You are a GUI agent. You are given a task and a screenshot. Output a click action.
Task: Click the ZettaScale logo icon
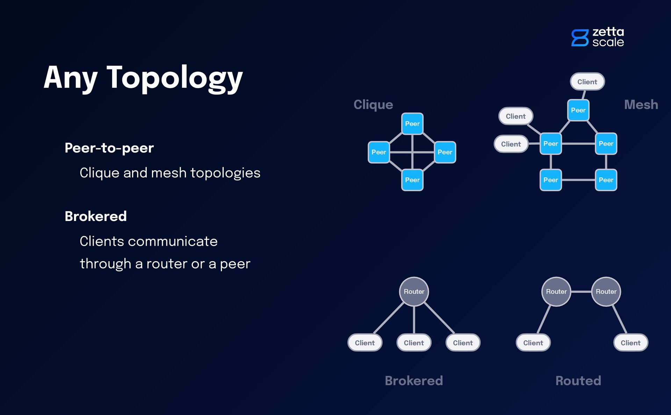(580, 38)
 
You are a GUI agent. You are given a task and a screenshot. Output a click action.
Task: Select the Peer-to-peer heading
(109, 148)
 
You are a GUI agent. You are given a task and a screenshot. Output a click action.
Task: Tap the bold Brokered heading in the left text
(95, 216)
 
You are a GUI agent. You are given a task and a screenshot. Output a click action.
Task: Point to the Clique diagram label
(373, 105)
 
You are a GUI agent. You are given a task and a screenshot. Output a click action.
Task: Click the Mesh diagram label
(641, 105)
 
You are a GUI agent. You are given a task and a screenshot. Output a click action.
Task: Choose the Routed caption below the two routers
(578, 380)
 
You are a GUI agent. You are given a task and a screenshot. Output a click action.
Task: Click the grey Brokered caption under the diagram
(414, 380)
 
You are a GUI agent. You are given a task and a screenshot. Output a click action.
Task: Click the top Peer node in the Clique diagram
(412, 124)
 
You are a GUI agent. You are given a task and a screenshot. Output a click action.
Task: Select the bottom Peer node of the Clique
(412, 180)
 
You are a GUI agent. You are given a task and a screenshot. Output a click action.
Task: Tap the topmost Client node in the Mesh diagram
(587, 82)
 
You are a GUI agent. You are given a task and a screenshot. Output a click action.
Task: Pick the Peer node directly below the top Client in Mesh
(578, 110)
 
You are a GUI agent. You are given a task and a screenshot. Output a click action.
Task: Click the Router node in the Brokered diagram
(414, 292)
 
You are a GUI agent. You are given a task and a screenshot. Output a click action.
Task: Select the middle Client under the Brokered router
(414, 343)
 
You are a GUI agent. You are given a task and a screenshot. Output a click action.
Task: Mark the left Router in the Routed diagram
(556, 292)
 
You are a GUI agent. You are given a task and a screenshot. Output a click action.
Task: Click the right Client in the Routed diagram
(630, 343)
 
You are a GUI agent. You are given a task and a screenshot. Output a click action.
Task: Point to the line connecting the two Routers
(581, 292)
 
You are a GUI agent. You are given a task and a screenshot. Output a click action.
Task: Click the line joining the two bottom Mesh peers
(578, 180)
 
